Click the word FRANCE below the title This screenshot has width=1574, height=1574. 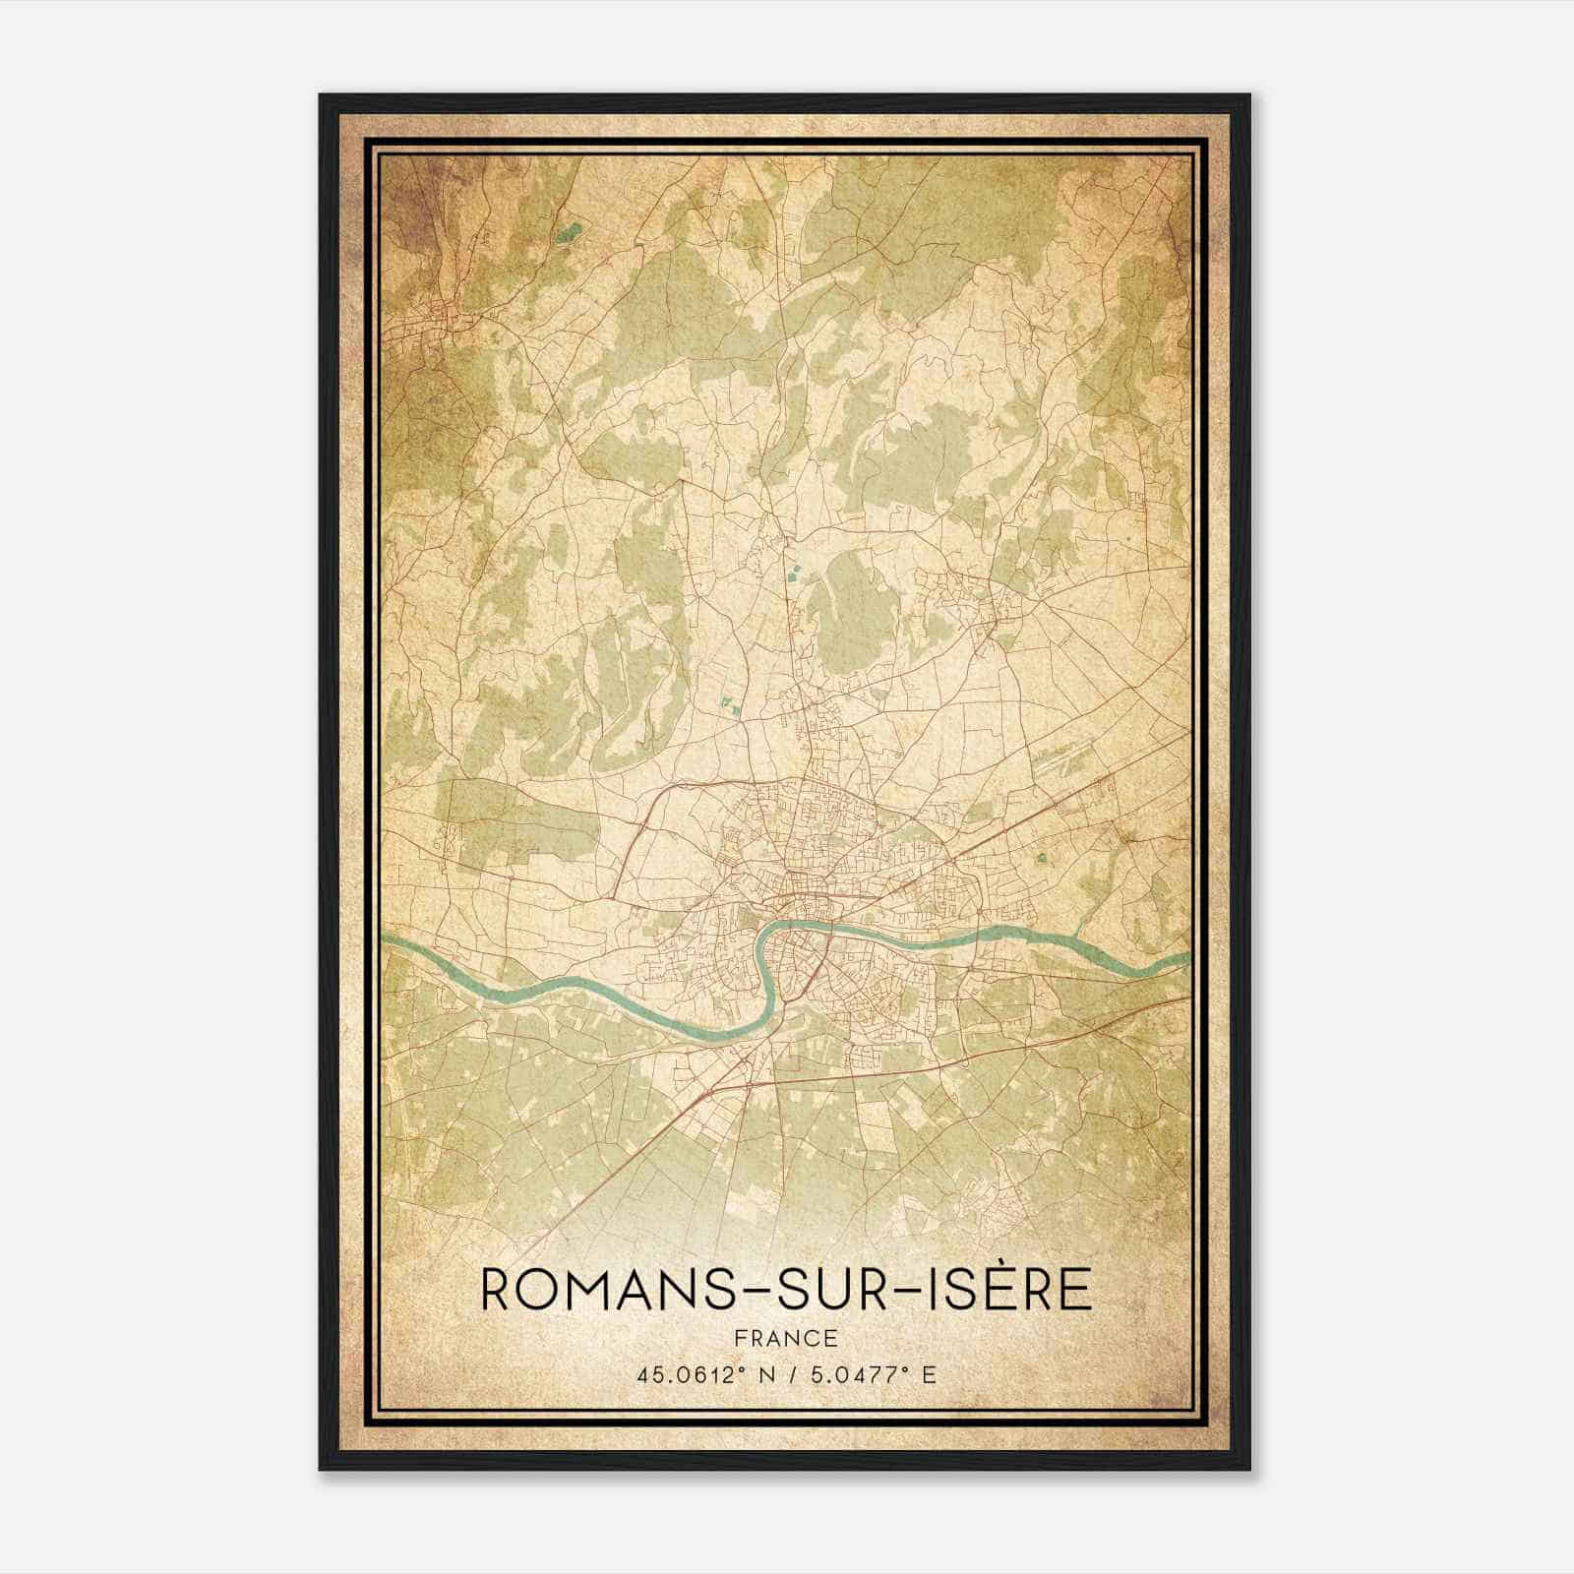coord(786,1339)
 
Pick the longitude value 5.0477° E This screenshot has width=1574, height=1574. coord(870,1374)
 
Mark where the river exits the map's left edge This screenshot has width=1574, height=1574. coord(386,941)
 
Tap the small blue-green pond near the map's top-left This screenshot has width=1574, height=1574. coord(568,232)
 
